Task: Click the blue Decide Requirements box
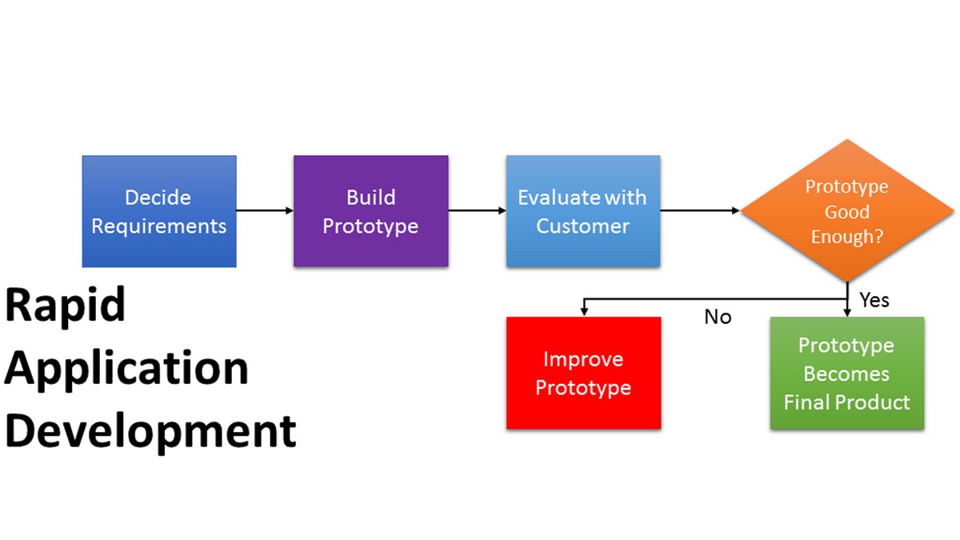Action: [159, 211]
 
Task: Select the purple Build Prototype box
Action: [370, 211]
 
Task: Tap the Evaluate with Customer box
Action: [582, 211]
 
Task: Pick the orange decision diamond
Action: [846, 211]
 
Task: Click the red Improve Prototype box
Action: [583, 373]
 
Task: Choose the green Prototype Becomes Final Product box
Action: [846, 373]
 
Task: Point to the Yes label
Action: [874, 300]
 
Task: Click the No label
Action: [718, 318]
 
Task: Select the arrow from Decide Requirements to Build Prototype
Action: [265, 211]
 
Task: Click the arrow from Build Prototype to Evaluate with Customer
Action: [477, 211]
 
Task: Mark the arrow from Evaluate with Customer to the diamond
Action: [700, 211]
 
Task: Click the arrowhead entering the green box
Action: [847, 312]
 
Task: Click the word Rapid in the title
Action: [66, 305]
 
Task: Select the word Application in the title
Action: [126, 368]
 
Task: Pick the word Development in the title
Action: [150, 431]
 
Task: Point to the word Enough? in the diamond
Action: [846, 238]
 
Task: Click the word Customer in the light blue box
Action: [582, 226]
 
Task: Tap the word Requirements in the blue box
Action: [158, 226]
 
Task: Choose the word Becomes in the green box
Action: [846, 374]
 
